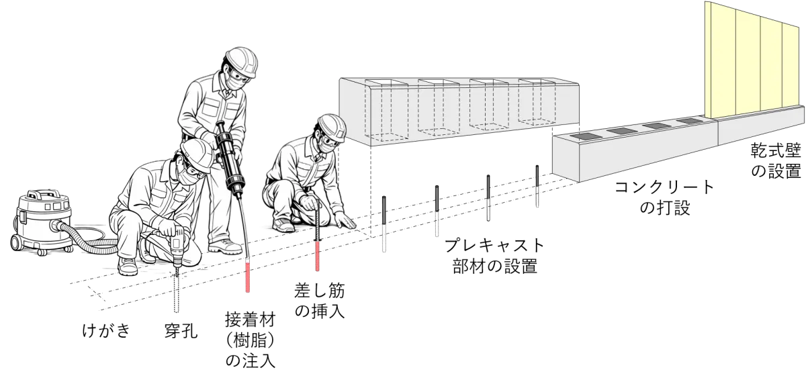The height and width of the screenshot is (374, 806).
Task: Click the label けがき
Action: point(106,330)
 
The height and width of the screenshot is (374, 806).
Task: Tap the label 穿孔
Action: point(181,330)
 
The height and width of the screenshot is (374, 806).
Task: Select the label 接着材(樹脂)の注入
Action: point(251,339)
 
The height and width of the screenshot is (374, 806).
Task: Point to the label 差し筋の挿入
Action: point(320,300)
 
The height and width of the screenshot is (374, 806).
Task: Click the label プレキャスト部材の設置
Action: point(495,256)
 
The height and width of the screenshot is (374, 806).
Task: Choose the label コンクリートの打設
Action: point(664,197)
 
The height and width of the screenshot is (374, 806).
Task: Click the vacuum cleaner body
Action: point(42,222)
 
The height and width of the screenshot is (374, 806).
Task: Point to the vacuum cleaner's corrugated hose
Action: point(87,239)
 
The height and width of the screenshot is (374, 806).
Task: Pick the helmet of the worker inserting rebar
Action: point(332,128)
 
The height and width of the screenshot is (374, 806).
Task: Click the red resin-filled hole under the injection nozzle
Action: point(248,276)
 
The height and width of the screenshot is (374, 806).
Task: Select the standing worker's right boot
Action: point(225,246)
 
